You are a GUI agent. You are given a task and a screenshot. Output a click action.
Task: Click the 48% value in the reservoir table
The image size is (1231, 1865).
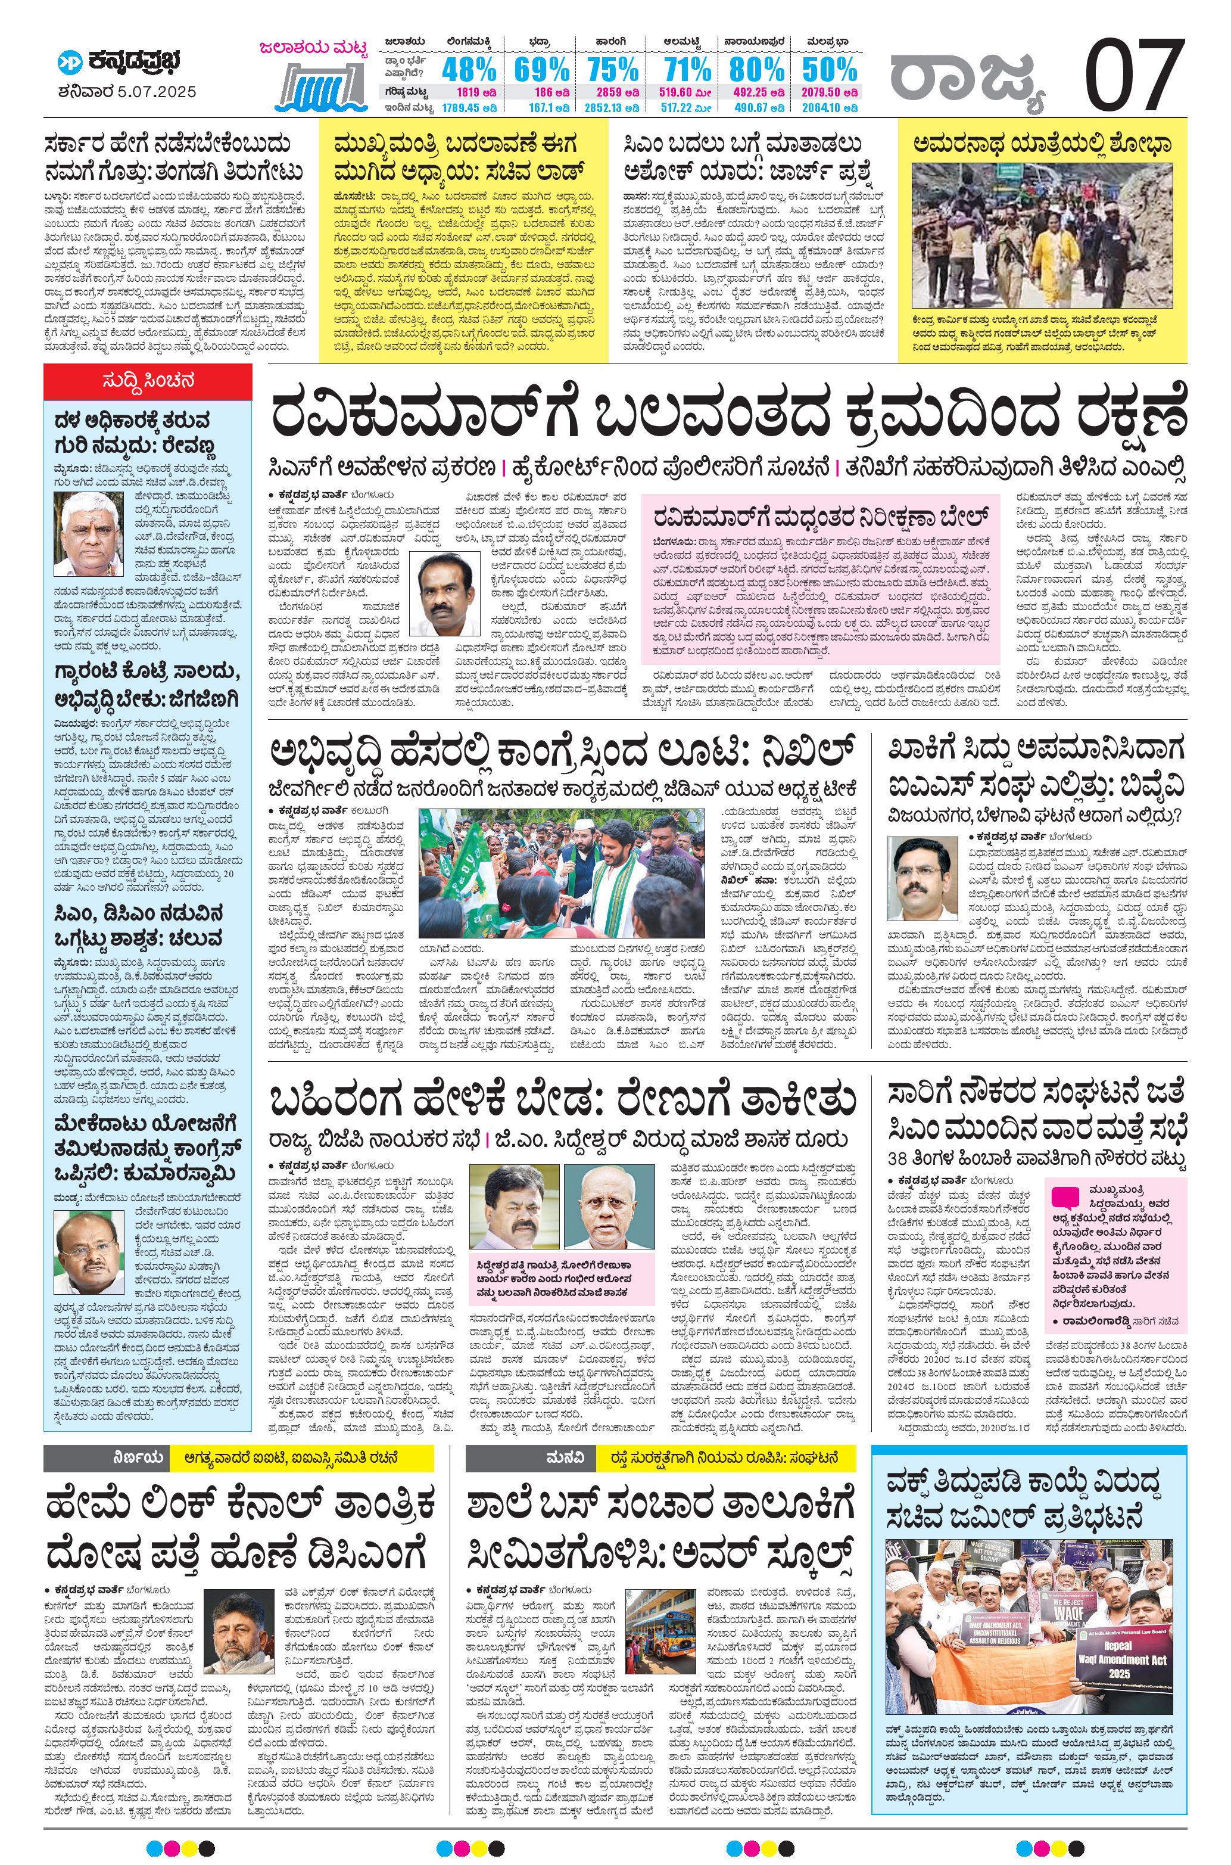tap(468, 70)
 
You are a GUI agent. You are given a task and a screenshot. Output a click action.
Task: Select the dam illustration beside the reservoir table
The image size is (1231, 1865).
tap(322, 85)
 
